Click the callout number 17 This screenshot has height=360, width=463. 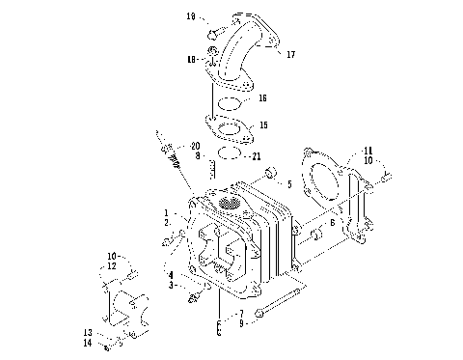point(290,55)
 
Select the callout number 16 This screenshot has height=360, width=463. point(262,99)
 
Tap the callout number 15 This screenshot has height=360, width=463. point(263,125)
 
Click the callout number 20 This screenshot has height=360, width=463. point(196,146)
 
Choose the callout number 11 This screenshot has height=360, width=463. point(368,152)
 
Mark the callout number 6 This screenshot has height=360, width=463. point(333,222)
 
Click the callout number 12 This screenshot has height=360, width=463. point(112,265)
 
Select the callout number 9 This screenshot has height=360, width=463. point(242,322)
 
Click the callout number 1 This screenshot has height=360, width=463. point(167,212)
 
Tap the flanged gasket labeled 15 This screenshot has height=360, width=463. point(229,126)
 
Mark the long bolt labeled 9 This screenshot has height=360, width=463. point(285,302)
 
